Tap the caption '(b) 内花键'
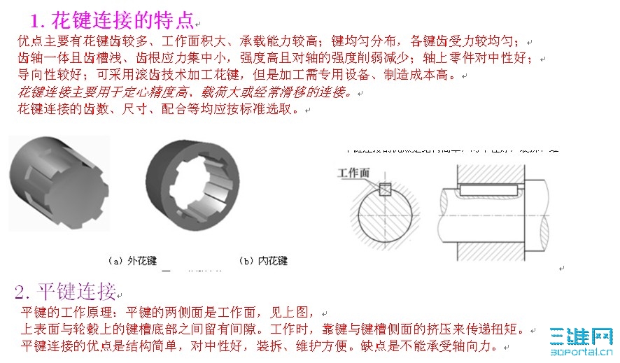pos(262,261)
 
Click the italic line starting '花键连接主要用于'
pos(185,92)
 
